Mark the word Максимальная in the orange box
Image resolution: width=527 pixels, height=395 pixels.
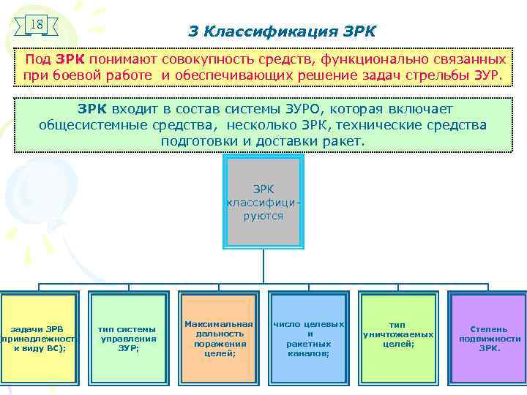click(x=218, y=323)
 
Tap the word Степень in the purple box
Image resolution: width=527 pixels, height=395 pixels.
click(x=488, y=329)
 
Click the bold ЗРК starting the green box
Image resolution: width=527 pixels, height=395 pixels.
click(x=92, y=108)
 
